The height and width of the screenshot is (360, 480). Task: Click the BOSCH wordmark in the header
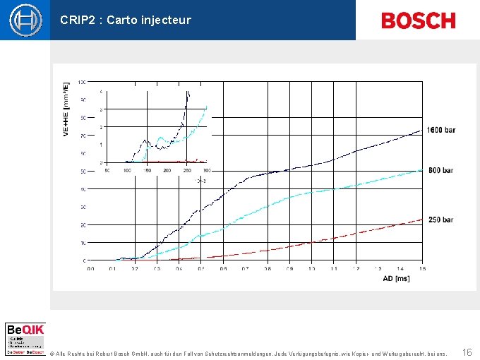418,20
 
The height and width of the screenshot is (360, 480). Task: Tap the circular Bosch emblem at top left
25,20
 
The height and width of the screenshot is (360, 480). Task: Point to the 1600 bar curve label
440,130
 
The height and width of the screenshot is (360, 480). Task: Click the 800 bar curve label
440,171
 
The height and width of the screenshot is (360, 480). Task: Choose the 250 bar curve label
440,220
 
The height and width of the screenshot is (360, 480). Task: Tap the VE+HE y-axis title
66,109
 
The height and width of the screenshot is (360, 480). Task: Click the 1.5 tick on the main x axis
422,269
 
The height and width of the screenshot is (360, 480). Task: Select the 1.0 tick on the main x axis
311,269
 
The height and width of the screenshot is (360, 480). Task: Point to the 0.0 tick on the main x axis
90,269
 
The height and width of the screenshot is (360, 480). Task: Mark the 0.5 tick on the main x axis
201,269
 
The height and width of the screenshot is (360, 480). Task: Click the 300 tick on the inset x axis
207,170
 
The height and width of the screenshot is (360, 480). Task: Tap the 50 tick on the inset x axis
107,170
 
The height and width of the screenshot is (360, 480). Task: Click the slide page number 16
467,352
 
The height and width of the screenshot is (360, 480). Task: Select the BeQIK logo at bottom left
25,338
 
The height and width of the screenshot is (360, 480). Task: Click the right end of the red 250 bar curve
422,219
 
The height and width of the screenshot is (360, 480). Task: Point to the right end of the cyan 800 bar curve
422,171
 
